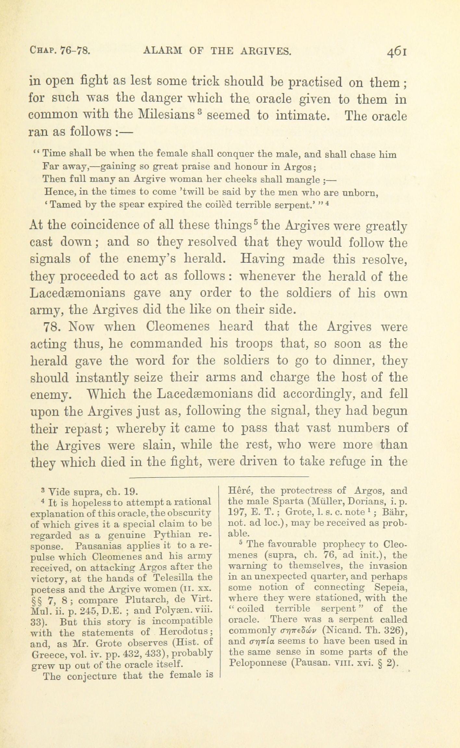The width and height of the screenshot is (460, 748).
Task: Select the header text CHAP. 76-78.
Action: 60,51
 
